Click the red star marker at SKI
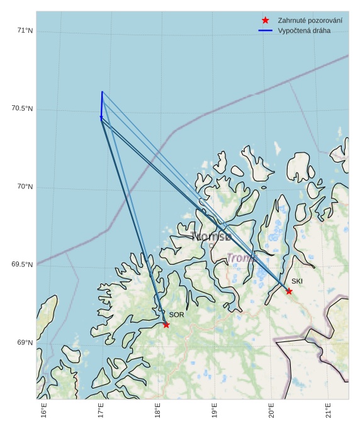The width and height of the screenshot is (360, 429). (x=289, y=291)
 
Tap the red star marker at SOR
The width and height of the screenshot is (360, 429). (x=166, y=324)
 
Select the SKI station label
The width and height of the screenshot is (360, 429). (x=297, y=281)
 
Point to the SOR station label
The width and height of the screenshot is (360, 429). (x=176, y=314)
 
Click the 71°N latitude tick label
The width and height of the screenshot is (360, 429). (x=23, y=31)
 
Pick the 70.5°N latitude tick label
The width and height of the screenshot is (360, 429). (x=21, y=109)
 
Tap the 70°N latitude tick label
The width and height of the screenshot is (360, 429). (x=23, y=187)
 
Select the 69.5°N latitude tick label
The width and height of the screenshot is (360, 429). (x=21, y=265)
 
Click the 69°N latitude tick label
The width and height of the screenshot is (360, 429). (x=23, y=343)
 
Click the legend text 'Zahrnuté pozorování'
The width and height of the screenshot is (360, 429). (x=310, y=21)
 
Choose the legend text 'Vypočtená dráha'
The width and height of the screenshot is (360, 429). (x=304, y=30)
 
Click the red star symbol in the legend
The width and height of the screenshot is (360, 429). (x=265, y=21)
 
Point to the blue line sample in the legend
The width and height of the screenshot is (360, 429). (x=265, y=30)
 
